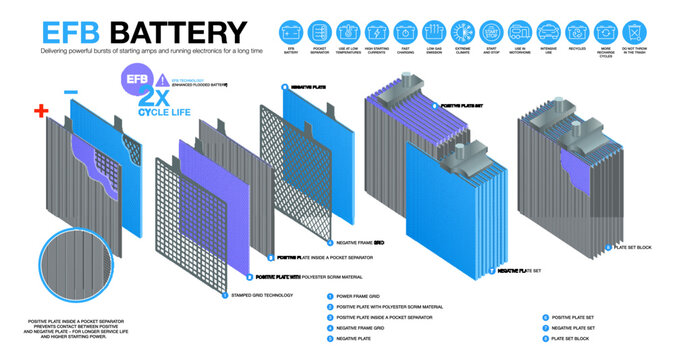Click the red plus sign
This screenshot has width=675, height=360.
[40, 111]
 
